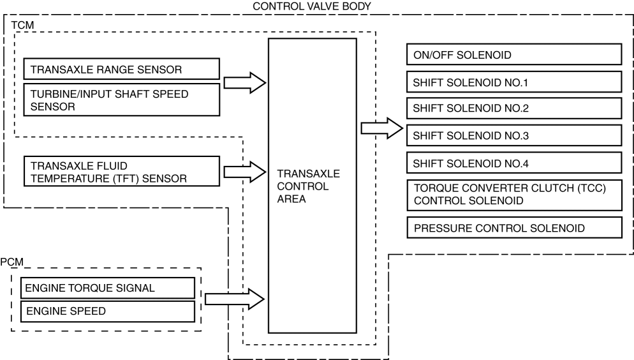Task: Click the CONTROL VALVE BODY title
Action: point(312,6)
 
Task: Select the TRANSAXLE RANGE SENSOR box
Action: point(121,69)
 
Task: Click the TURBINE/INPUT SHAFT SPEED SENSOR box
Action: point(121,100)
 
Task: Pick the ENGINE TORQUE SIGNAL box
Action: point(107,288)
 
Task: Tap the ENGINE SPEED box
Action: point(107,311)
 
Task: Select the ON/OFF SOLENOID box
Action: point(513,55)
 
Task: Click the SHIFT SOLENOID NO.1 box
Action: point(513,82)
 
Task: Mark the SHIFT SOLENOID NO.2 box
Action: point(513,109)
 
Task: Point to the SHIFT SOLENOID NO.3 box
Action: point(513,135)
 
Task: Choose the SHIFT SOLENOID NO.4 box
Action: point(513,163)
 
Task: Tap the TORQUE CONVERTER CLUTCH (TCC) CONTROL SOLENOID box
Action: point(513,195)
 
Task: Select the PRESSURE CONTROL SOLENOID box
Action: point(513,228)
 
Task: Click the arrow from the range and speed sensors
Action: point(245,82)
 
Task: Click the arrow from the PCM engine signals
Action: point(235,297)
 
